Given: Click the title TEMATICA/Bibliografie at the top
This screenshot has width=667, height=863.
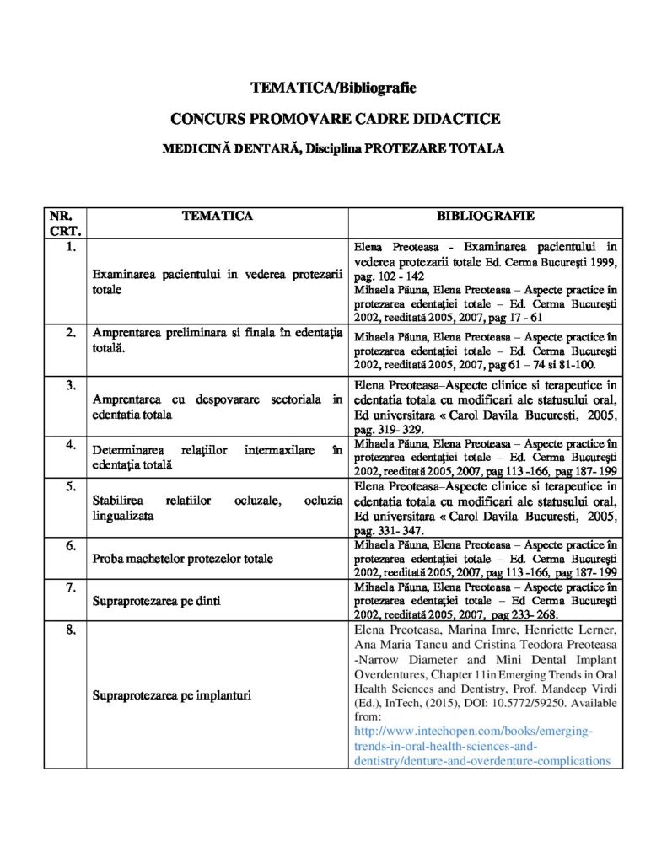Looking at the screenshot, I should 333,88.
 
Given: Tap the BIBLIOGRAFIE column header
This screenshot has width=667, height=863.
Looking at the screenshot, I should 485,216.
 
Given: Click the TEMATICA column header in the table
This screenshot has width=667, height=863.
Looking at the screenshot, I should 218,216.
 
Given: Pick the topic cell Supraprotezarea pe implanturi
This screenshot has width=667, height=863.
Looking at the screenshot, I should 172,695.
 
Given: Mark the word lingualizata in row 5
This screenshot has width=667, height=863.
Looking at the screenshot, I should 123,515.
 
